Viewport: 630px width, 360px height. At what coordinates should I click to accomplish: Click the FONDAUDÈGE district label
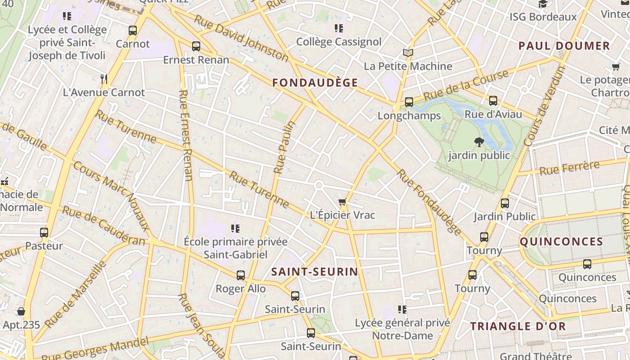pos(315,83)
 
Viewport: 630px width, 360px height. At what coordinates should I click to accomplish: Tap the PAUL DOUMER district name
pos(564,46)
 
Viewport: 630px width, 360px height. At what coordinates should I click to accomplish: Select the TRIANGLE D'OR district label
pos(518,326)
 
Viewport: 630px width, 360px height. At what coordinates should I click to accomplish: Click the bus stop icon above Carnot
pos(133,31)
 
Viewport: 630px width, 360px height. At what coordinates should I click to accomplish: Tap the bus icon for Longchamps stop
pos(409,102)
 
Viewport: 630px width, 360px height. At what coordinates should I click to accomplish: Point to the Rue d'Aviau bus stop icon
pos(493,101)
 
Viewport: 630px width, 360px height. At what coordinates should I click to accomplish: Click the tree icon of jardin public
pos(479,142)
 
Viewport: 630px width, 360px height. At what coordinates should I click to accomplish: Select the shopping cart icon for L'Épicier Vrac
pos(342,202)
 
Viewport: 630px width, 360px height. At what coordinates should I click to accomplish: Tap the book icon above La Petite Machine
pos(408,53)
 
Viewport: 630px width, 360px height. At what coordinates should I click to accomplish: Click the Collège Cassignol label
pos(338,42)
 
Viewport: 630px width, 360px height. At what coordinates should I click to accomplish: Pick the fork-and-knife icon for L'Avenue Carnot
pos(104,79)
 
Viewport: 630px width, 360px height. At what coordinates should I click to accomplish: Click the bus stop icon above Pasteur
pos(44,233)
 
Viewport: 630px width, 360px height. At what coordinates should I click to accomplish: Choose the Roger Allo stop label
pos(240,288)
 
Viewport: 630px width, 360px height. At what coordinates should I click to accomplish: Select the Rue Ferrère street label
pos(569,168)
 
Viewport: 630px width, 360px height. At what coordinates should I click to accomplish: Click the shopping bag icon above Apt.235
pos(21,311)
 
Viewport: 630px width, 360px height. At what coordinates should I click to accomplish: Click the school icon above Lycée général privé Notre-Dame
pos(402,310)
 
